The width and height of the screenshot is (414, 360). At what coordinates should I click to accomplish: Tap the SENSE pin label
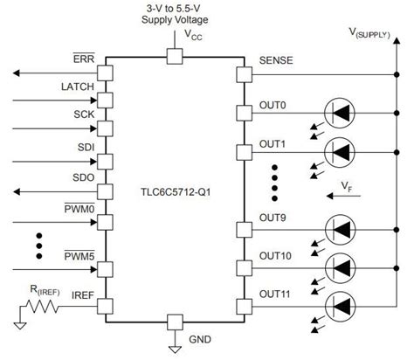pyautogui.click(x=277, y=62)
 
